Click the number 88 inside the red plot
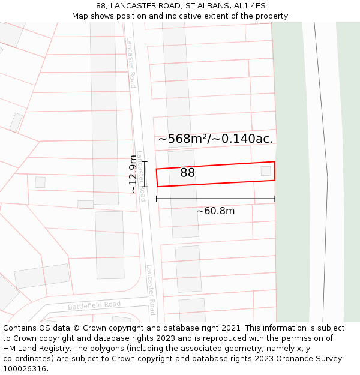click(187, 173)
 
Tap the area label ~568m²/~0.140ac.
click(215, 139)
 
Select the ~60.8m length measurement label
click(215, 211)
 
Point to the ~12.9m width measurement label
click(133, 174)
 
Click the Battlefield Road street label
click(94, 305)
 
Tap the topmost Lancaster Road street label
click(131, 62)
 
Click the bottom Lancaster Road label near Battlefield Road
click(151, 290)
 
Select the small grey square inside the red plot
click(266, 171)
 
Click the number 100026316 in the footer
click(25, 369)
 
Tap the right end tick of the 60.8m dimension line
click(275, 199)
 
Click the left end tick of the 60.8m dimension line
click(157, 199)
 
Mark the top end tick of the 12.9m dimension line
click(144, 161)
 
